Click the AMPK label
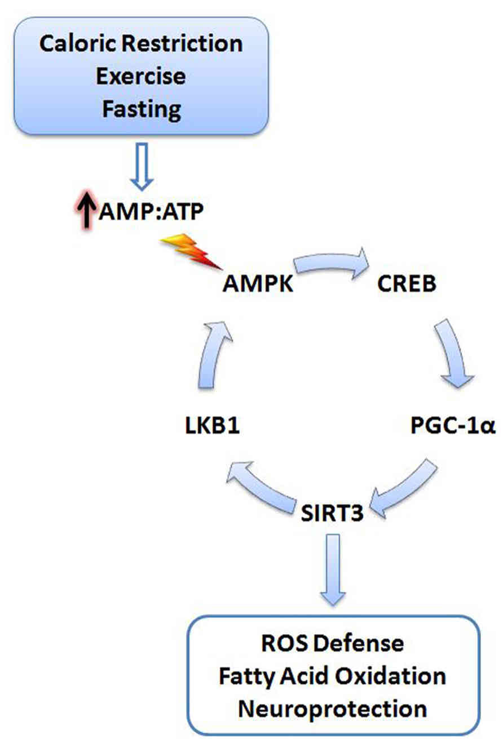point(258,284)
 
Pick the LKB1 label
point(211,425)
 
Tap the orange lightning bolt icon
point(192,252)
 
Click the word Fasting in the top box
point(141,109)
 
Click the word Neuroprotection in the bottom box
point(333,708)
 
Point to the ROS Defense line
point(333,643)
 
